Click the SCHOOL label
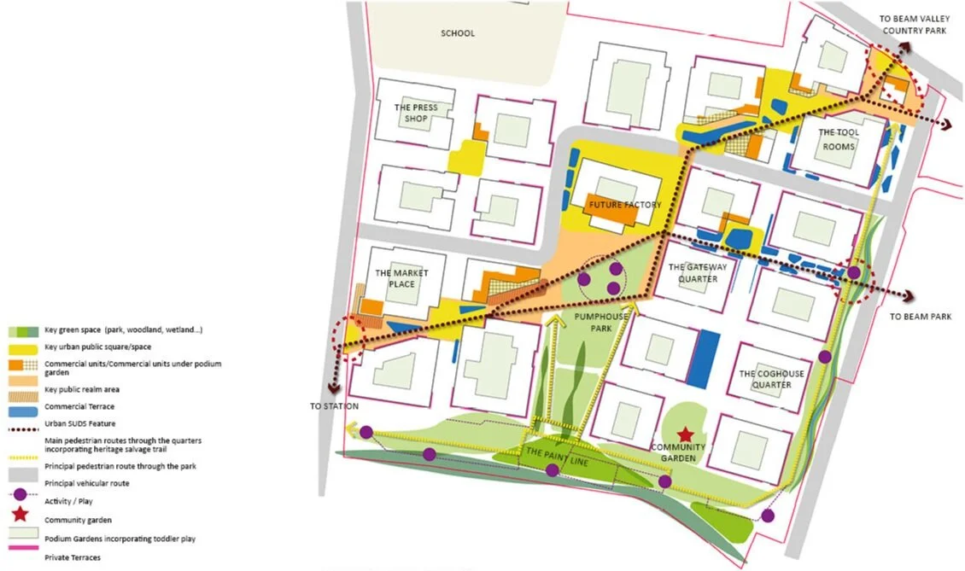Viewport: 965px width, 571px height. coord(458,34)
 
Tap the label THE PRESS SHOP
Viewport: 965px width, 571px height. coord(416,113)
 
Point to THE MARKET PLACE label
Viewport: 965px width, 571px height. coord(401,278)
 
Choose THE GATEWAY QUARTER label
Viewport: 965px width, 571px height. coord(693,273)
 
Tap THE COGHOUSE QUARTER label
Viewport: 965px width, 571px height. coord(765,379)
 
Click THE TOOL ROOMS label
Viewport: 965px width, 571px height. coord(839,138)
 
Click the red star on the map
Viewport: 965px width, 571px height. coord(684,434)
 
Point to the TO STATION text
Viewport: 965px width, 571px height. coord(334,406)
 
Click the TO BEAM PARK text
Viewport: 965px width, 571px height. coord(920,317)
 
